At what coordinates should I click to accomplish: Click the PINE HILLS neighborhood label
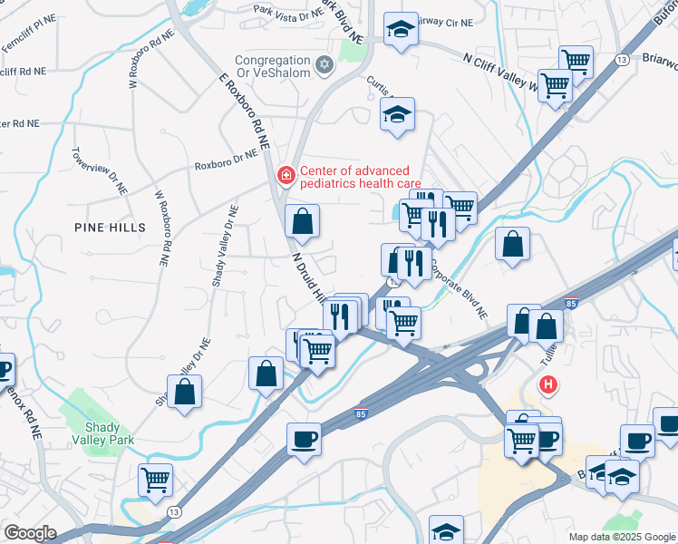coord(108,227)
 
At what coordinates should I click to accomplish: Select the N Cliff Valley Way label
coord(500,71)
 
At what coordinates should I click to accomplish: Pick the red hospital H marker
coord(547,385)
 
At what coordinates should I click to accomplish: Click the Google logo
coord(30,533)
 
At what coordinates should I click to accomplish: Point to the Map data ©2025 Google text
coord(622,537)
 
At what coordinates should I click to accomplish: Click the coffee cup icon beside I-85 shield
coord(304,440)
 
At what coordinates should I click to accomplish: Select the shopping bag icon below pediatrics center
coord(302,220)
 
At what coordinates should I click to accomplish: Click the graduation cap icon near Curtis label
coord(397,115)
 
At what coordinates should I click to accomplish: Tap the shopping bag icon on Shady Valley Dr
coord(184,391)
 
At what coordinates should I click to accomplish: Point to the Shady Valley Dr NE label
coord(225,246)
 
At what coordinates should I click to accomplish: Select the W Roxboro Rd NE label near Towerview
coord(162,228)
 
